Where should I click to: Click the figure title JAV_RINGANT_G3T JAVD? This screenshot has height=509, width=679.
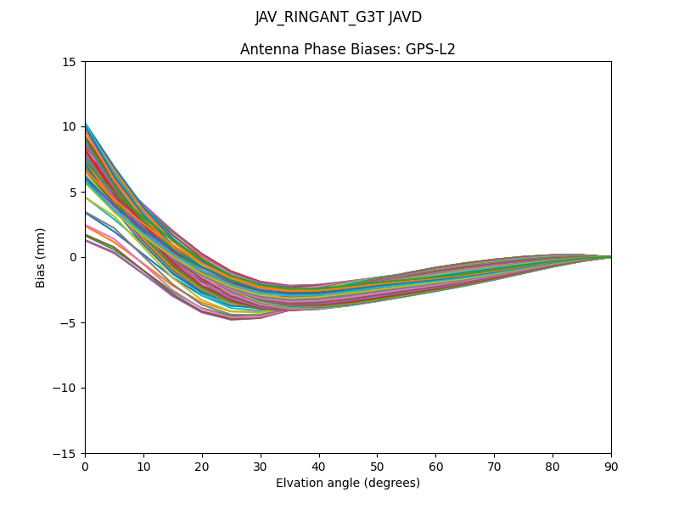click(339, 18)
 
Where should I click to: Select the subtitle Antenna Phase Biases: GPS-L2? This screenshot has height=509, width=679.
click(347, 49)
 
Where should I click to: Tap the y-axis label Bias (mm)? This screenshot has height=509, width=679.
click(41, 257)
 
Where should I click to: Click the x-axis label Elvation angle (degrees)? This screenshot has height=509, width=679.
click(347, 484)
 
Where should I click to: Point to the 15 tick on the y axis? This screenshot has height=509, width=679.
click(69, 62)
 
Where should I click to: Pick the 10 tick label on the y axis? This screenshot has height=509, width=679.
click(69, 127)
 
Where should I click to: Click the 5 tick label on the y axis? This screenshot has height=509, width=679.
click(72, 193)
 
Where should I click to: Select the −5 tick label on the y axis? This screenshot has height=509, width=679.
click(67, 323)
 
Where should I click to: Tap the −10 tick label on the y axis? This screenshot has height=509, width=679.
click(64, 389)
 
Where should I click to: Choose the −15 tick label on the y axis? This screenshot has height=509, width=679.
click(64, 454)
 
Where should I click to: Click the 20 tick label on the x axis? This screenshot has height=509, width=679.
click(202, 467)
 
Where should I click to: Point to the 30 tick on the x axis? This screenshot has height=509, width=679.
click(261, 467)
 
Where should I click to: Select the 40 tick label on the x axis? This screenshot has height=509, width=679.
click(319, 467)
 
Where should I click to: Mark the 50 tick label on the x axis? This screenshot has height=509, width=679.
click(377, 467)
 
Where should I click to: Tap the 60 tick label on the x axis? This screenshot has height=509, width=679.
click(435, 467)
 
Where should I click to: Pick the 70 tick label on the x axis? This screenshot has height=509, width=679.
click(494, 467)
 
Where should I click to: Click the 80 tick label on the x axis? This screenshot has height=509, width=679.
click(553, 467)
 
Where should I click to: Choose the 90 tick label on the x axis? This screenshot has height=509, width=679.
click(611, 467)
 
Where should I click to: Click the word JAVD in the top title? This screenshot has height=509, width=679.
click(403, 18)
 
